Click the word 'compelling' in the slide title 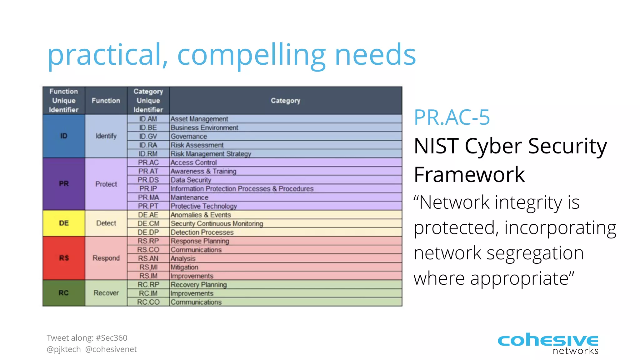tap(252, 56)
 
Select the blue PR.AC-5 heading tap(452, 117)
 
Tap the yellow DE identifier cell tap(64, 223)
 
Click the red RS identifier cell tap(64, 258)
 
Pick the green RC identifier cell tap(64, 293)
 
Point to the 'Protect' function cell tap(106, 184)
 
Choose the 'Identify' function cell tap(106, 136)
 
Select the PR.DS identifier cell tap(148, 180)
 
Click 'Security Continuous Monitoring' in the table tap(217, 223)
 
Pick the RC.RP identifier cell tap(148, 285)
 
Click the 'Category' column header tap(286, 101)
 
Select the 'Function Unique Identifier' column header tap(64, 101)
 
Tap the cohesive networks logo tap(548, 343)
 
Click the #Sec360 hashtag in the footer tap(112, 338)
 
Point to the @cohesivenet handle tap(111, 349)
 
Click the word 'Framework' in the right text tap(469, 174)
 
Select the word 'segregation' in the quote tap(535, 253)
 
